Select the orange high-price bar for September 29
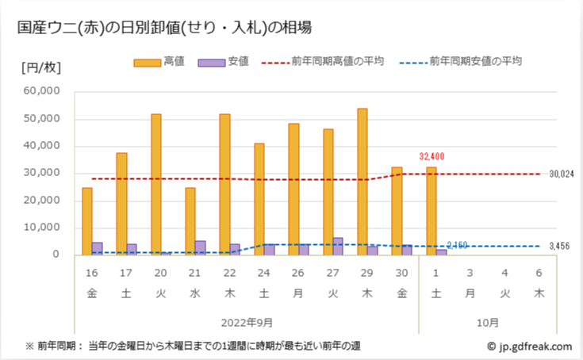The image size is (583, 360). click(362, 182)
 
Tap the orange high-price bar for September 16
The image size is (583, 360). click(87, 221)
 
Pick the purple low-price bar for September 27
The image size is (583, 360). click(338, 246)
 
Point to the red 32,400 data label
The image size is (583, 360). click(434, 157)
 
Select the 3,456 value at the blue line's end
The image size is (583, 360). click(560, 247)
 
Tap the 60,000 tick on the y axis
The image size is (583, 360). click(42, 92)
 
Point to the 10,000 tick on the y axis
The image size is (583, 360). click(42, 228)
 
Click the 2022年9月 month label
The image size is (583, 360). click(247, 322)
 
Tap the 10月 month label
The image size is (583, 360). click(489, 322)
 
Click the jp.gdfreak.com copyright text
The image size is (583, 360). click(530, 346)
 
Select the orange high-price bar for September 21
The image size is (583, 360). click(190, 221)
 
